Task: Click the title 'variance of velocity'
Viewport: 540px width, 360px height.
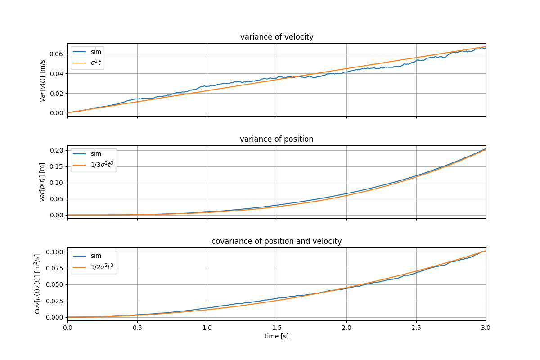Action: (277, 37)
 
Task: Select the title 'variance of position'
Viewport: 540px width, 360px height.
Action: (277, 139)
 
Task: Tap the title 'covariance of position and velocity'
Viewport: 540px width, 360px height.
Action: (277, 241)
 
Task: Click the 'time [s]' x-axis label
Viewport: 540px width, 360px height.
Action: (277, 336)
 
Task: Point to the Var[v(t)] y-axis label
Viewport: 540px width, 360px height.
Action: (43, 80)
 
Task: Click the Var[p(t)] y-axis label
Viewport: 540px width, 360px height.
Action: (43, 182)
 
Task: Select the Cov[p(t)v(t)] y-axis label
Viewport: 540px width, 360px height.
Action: (37, 284)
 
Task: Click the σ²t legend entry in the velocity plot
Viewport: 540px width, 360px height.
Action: (96, 63)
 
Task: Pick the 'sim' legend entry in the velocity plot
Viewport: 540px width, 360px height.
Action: (96, 52)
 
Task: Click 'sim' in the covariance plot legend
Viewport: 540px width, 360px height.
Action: (96, 256)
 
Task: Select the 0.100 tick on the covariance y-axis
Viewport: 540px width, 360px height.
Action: (55, 252)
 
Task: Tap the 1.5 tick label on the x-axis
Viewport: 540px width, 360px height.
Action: (277, 327)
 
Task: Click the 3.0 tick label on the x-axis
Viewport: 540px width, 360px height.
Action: (486, 327)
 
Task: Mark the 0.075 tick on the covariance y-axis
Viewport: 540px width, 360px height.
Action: (55, 268)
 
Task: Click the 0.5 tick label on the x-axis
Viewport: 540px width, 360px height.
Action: (137, 327)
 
